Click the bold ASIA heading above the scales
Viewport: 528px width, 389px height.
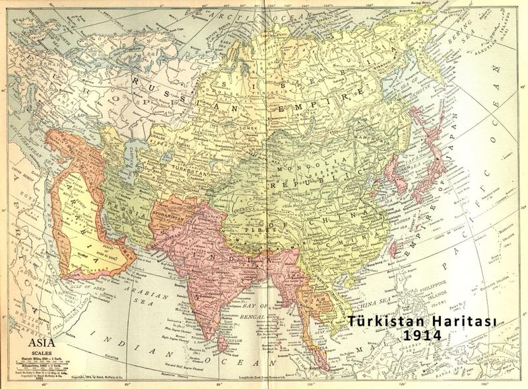coord(37,344)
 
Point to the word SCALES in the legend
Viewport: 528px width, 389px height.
coord(36,352)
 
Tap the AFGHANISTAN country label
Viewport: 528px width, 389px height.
coord(170,196)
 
